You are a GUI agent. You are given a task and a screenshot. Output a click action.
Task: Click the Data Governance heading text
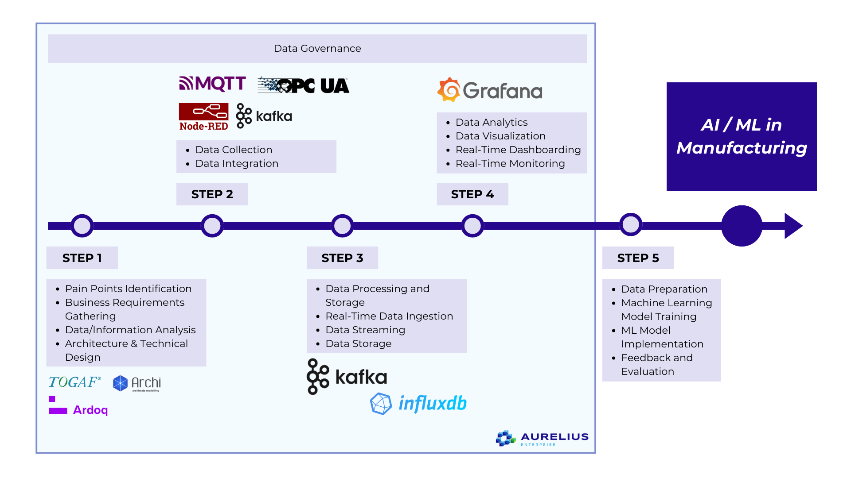(317, 48)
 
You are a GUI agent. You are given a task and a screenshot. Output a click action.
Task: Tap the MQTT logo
(212, 83)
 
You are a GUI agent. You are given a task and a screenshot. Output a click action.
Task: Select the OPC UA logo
(304, 85)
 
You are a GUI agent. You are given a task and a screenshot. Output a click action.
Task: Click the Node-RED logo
(203, 117)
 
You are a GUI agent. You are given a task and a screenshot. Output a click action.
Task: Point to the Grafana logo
(490, 90)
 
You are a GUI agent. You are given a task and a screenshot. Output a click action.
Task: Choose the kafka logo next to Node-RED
(264, 116)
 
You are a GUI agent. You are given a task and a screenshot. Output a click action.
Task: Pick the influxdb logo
(418, 403)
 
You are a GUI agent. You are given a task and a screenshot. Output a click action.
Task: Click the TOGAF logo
(74, 382)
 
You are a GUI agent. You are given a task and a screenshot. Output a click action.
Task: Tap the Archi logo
(137, 383)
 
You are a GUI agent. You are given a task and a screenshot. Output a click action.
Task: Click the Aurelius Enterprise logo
(542, 438)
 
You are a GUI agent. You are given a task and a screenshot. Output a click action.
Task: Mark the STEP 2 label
(212, 194)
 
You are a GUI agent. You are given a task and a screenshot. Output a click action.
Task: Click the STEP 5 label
(638, 258)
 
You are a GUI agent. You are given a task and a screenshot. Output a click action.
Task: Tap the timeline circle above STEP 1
(82, 226)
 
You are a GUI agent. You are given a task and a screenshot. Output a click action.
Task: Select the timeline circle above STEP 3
(343, 226)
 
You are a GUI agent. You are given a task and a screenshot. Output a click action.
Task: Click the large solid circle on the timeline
(742, 226)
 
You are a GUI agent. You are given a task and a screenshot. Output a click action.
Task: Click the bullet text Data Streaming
(365, 330)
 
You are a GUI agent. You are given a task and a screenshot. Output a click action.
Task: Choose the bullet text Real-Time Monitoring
(510, 164)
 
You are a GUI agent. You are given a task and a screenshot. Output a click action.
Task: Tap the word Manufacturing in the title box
(742, 148)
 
